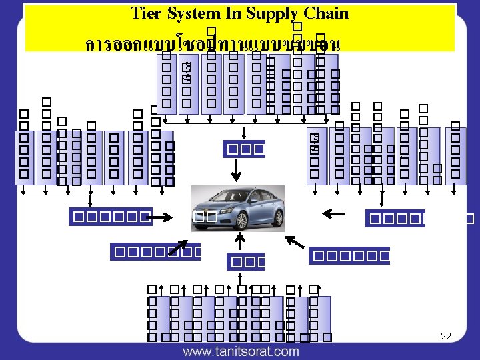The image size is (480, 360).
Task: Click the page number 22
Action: pos(446,336)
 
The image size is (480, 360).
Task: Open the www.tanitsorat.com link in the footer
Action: pos(241,351)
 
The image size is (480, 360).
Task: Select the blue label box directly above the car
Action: pos(245,148)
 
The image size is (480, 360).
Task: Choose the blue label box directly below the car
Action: pos(245,261)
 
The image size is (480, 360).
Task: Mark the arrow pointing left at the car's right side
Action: pos(333,214)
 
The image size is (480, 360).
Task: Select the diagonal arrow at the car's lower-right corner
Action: pos(293,241)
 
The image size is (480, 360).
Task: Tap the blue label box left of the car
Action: pos(111,217)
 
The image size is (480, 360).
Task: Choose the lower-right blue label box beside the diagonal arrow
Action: pos(349,255)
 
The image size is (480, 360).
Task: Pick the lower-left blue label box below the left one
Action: pos(155,252)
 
